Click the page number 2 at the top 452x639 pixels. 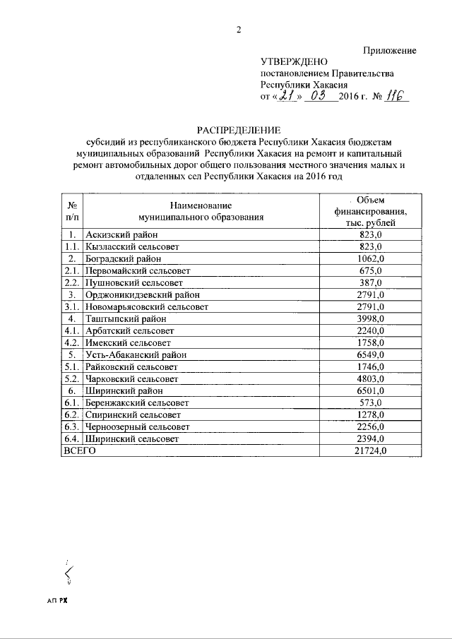coord(239,30)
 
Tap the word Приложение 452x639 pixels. coord(390,50)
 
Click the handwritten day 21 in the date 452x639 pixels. coord(285,98)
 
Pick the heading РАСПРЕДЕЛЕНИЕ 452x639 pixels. coord(239,129)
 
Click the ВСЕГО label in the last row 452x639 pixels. coord(79,450)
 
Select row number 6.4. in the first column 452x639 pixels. coord(71,438)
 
